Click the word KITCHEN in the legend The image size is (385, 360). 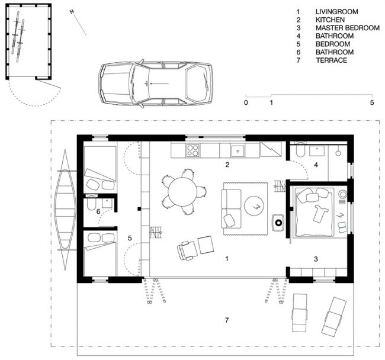[330, 20]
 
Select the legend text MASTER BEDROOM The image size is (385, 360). [348, 28]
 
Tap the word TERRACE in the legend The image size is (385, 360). [332, 60]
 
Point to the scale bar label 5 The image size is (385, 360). [372, 102]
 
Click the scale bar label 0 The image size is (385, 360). [246, 102]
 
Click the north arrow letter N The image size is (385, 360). [72, 11]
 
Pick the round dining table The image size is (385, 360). [182, 192]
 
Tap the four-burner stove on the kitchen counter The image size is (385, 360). [192, 150]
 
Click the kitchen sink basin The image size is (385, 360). [238, 151]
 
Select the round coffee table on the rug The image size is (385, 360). [254, 206]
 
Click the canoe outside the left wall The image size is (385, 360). [66, 210]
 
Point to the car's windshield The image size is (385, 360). [140, 83]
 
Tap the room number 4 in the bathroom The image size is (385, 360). [316, 165]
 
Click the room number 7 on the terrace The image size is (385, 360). [227, 320]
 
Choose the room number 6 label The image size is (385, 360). [98, 211]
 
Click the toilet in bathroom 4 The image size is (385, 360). [300, 150]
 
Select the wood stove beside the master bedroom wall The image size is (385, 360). [278, 223]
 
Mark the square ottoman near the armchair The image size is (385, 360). [206, 245]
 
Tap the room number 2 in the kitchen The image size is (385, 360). [227, 165]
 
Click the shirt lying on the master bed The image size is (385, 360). [319, 213]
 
